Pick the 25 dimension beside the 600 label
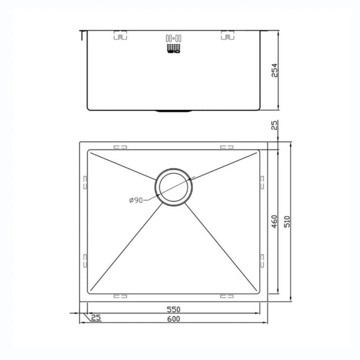pos(95,318)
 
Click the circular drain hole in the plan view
pos(174,187)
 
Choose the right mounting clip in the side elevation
pos(227,35)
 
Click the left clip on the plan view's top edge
pos(120,148)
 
